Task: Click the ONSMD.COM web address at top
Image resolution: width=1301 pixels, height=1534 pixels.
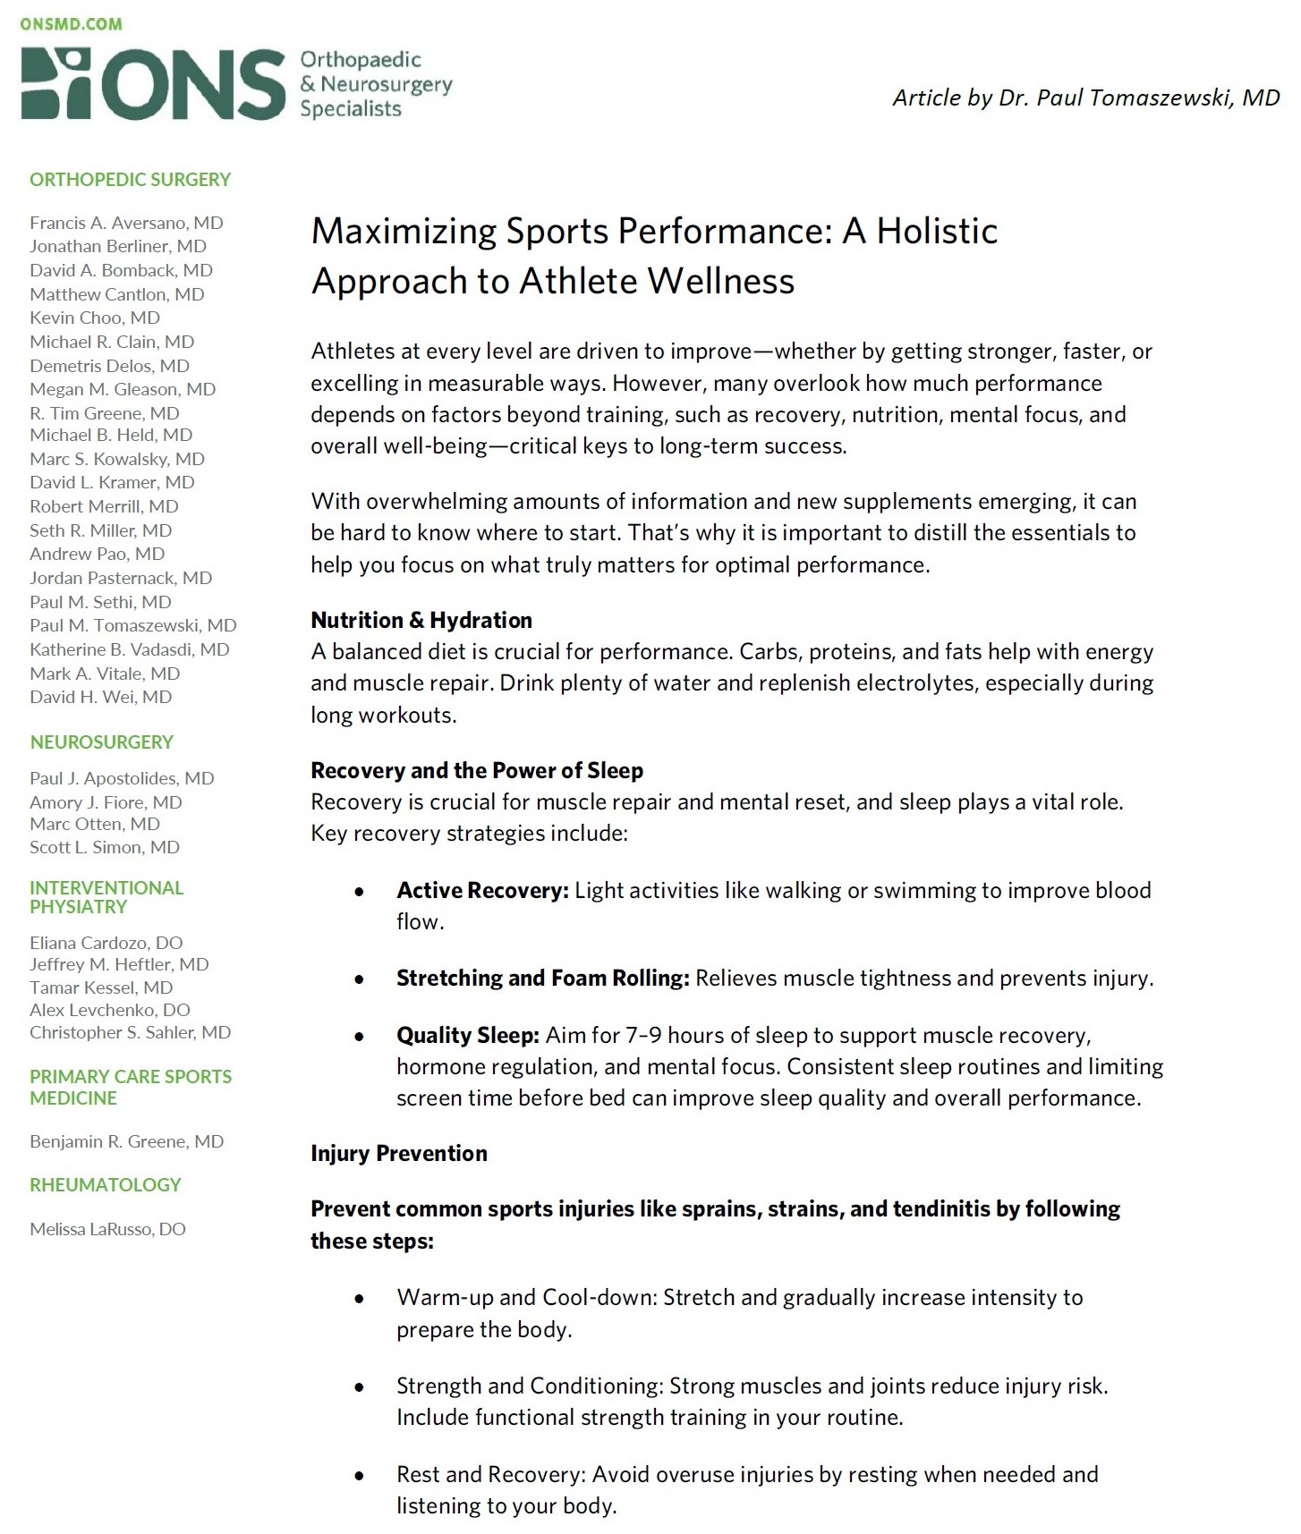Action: (71, 24)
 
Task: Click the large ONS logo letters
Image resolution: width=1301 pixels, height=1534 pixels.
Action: (152, 85)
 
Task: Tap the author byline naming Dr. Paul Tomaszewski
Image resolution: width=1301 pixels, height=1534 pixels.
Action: (1085, 97)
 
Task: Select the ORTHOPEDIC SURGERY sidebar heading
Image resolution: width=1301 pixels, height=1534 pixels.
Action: (130, 180)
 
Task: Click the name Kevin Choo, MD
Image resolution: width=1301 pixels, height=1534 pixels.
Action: (95, 318)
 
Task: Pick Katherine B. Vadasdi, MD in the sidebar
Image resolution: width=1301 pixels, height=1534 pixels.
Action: (130, 649)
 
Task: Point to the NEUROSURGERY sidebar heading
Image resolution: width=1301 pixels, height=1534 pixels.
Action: (101, 742)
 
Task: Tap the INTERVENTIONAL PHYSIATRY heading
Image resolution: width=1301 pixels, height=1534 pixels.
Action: (106, 897)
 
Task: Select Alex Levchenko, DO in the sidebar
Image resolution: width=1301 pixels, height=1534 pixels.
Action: (110, 1010)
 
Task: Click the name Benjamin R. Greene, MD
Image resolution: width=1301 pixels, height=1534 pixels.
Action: (126, 1141)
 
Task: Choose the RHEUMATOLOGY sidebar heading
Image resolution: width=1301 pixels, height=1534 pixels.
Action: (105, 1185)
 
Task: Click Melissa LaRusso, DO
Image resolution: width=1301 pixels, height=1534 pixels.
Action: (107, 1229)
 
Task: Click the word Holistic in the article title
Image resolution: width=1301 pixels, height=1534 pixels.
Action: (937, 231)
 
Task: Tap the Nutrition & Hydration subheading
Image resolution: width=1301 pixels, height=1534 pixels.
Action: (421, 621)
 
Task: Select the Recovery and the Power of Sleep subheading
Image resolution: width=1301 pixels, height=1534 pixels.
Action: (477, 771)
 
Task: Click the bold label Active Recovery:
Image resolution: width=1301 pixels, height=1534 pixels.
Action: (482, 891)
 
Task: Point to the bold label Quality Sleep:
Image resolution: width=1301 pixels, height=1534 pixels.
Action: (467, 1036)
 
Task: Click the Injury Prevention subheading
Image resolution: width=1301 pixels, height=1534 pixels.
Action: (399, 1154)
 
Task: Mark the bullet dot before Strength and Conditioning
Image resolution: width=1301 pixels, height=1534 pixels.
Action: (360, 1387)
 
